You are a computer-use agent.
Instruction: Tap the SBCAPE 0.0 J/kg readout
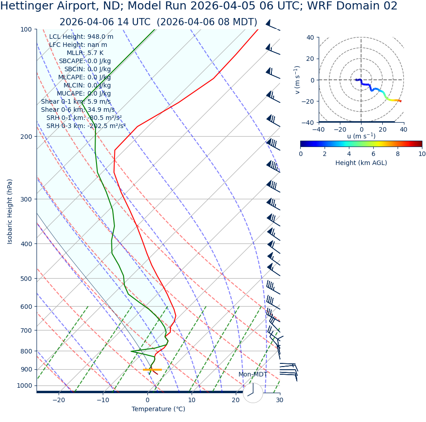coord(85,61)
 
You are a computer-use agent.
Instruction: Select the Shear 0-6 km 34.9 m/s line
coord(78,110)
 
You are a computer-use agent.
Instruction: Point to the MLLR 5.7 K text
coord(85,53)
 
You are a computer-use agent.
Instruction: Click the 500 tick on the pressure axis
coord(25,279)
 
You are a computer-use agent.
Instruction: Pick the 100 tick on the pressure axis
coord(25,29)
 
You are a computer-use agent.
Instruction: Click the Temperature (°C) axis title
coord(158,409)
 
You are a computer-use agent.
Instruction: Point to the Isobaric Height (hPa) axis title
coord(10,211)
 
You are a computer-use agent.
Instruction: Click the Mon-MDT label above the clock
coord(252,375)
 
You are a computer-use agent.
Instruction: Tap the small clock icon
coord(253,393)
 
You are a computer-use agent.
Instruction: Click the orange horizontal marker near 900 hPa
coord(152,370)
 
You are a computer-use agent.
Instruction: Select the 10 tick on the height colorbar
coord(421,154)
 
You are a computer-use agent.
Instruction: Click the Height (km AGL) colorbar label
coord(361,163)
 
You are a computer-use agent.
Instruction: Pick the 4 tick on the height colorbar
coord(349,154)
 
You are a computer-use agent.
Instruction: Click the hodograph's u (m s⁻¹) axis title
coord(361,136)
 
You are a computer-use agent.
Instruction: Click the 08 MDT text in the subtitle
coord(236,23)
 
